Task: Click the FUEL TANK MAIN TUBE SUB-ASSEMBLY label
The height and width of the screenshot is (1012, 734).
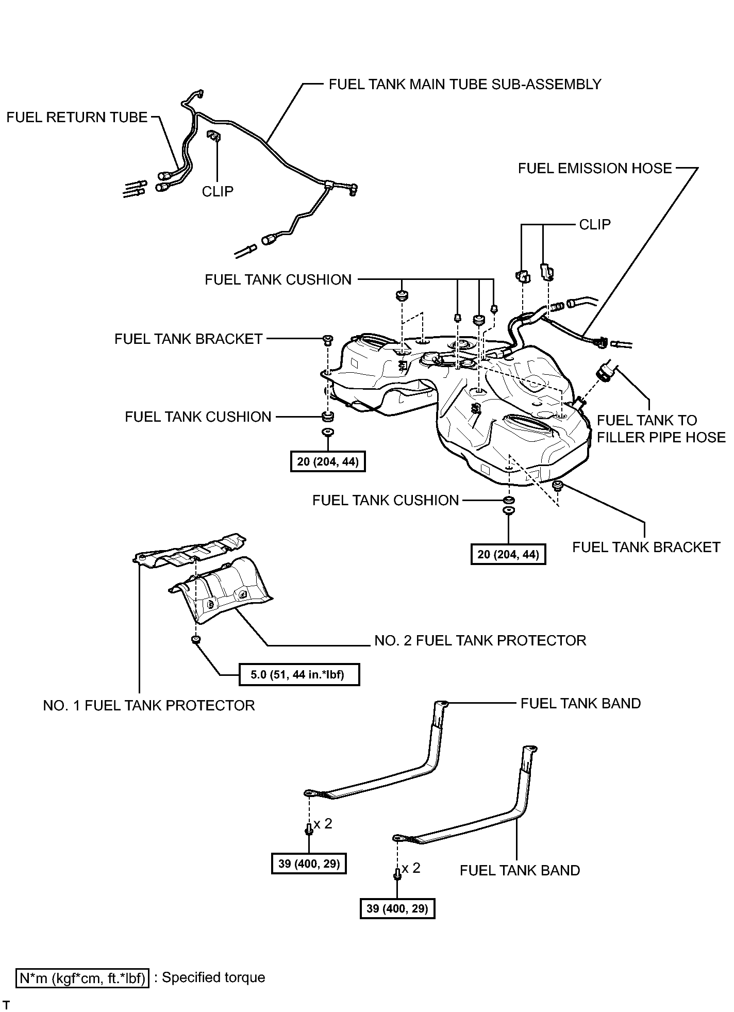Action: [465, 84]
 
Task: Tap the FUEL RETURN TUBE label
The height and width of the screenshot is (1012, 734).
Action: [77, 118]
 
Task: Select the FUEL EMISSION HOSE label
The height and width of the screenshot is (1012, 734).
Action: [595, 169]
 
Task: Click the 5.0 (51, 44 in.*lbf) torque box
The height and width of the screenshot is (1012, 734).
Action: [299, 674]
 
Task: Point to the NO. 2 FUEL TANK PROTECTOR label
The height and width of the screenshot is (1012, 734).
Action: [480, 640]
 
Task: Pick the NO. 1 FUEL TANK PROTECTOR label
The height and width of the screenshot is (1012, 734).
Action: [149, 705]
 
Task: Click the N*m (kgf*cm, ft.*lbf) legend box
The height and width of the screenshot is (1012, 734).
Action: [82, 978]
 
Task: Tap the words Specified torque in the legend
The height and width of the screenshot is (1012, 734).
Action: [213, 977]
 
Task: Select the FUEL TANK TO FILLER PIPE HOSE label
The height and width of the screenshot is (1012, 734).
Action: [661, 429]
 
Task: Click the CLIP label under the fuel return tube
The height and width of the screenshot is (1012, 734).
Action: [218, 191]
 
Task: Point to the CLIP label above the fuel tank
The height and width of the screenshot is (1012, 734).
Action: [595, 224]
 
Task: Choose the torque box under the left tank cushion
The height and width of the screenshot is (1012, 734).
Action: [328, 461]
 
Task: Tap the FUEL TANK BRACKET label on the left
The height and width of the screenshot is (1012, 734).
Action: [189, 339]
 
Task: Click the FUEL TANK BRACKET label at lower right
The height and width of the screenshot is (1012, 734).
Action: [646, 547]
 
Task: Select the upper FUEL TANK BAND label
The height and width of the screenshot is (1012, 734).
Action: [581, 703]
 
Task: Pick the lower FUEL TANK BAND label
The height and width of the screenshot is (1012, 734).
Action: [520, 870]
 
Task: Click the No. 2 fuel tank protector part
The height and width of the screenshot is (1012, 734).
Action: [222, 588]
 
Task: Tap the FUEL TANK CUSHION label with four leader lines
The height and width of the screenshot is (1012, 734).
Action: [278, 279]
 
